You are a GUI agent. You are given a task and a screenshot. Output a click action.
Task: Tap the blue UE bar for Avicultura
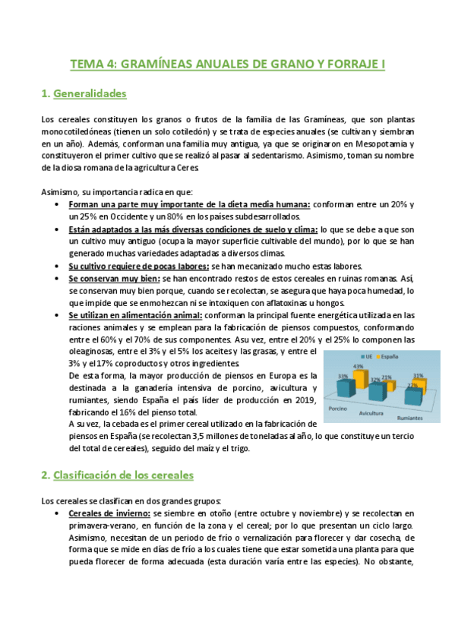377,390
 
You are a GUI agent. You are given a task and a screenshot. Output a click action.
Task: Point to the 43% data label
357,367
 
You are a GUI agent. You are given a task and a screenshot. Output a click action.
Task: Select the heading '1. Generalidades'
84,94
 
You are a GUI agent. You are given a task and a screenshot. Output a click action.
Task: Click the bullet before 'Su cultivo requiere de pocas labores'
59,267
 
